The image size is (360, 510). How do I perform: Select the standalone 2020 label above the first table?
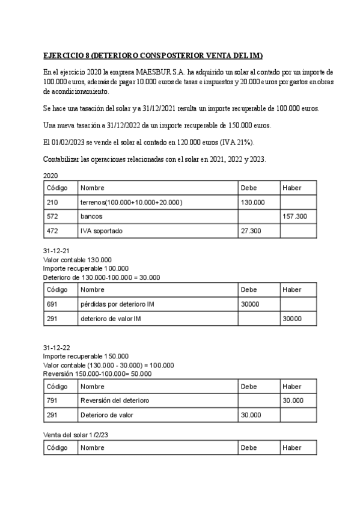(x=51, y=176)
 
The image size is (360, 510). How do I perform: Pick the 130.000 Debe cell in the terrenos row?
(x=252, y=202)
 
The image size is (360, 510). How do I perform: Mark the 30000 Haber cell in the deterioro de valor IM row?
(x=292, y=319)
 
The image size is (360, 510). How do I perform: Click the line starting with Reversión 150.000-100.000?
(x=97, y=373)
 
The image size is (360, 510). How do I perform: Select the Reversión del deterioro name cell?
(x=115, y=401)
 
